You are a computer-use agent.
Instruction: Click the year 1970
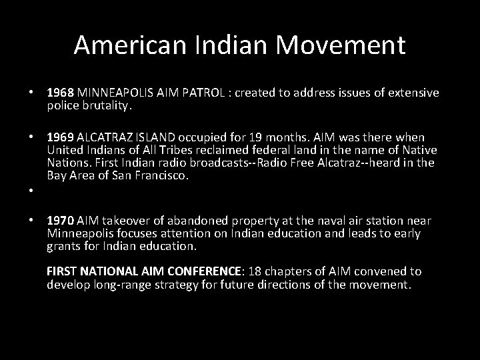coord(61,221)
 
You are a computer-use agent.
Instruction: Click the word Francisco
coord(163,175)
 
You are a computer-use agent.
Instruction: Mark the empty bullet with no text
coord(31,190)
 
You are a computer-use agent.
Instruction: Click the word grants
coord(63,246)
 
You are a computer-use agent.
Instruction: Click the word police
coord(62,105)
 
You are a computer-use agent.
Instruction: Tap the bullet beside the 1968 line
coord(31,93)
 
